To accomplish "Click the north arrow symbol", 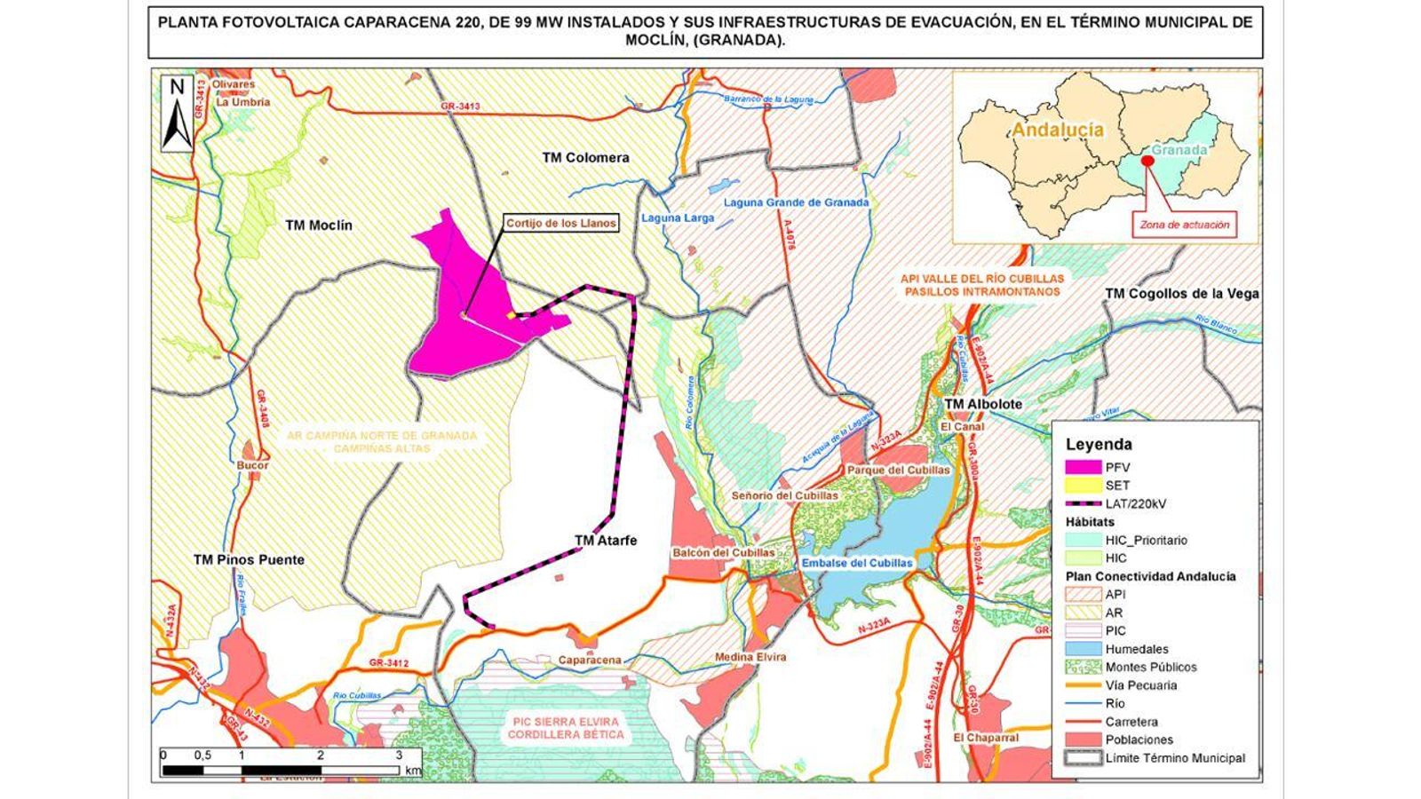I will point(177,114).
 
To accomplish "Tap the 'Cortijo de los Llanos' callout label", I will point(560,224).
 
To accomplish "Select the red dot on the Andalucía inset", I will point(1147,161).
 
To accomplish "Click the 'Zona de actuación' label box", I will point(1185,225).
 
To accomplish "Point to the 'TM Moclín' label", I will point(319,225).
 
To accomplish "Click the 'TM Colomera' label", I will point(585,157).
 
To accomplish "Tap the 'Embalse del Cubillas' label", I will point(856,563).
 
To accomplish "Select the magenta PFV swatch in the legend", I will point(1083,467).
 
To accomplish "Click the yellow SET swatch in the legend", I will point(1083,486).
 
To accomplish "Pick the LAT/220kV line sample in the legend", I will point(1083,503).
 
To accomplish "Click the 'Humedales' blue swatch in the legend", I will point(1083,649).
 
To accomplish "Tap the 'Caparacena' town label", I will point(590,661).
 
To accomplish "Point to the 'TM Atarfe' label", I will point(606,540).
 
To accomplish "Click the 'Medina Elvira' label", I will point(750,657).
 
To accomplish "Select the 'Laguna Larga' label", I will point(677,218).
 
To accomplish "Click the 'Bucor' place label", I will point(252,465).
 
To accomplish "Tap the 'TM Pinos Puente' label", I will point(249,559).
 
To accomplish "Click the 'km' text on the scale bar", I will point(413,771).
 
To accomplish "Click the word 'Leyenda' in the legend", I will point(1099,444).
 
